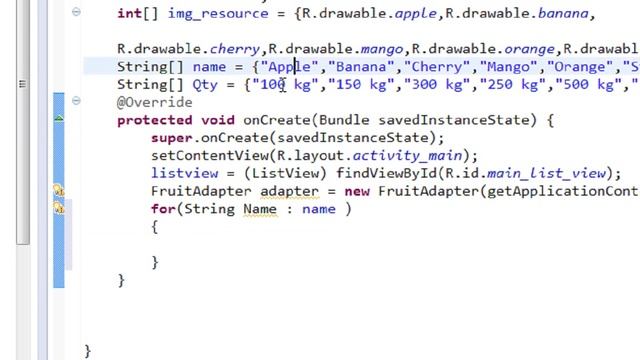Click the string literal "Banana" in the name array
pos(360,67)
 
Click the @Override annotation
pos(154,102)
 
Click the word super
pos(171,138)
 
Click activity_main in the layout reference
pos(407,156)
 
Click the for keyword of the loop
pos(162,209)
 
